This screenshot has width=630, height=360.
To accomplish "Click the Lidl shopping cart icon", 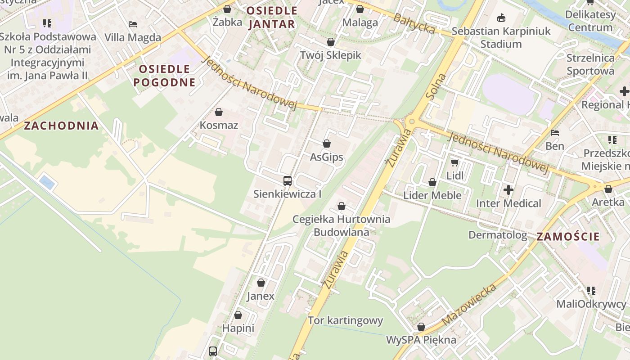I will pyautogui.click(x=455, y=162).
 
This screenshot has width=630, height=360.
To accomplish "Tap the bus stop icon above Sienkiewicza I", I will pyautogui.click(x=288, y=181).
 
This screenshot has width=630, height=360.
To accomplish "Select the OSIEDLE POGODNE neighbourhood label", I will pyautogui.click(x=165, y=76).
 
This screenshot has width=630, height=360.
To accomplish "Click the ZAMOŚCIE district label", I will pyautogui.click(x=568, y=236).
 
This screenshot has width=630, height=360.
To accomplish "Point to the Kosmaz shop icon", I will pyautogui.click(x=219, y=112).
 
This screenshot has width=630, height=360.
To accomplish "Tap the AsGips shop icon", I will pyautogui.click(x=327, y=144).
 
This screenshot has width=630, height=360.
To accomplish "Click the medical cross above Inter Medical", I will pyautogui.click(x=508, y=190).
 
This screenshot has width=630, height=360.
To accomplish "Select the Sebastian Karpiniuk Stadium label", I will pyautogui.click(x=501, y=37).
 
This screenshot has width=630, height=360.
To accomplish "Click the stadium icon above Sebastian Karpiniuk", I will pyautogui.click(x=501, y=18).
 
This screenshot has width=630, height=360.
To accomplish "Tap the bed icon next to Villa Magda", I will pyautogui.click(x=132, y=24).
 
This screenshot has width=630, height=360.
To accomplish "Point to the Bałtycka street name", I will pyautogui.click(x=414, y=23).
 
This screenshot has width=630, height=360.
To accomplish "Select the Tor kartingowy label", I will pyautogui.click(x=345, y=320).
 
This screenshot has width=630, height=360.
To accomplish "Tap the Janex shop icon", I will pyautogui.click(x=261, y=283).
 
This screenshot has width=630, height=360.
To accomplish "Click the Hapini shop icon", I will pyautogui.click(x=238, y=315).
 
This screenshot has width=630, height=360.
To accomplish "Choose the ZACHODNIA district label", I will pyautogui.click(x=61, y=126).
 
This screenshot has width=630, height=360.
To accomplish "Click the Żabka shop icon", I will pyautogui.click(x=228, y=9).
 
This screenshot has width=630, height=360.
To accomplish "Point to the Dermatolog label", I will pyautogui.click(x=497, y=235).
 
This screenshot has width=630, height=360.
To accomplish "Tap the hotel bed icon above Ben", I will pyautogui.click(x=555, y=133).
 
